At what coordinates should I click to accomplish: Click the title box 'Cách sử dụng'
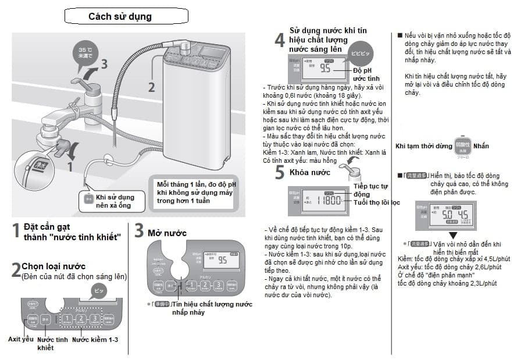click(x=120, y=16)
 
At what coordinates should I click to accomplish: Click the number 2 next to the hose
click(x=152, y=87)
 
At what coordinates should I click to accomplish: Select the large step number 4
click(x=280, y=40)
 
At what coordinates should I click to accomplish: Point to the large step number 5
click(x=280, y=172)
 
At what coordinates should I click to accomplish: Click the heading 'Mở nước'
click(x=167, y=233)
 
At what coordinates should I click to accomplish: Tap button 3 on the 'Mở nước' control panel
click(x=217, y=286)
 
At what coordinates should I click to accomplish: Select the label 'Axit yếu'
click(x=20, y=338)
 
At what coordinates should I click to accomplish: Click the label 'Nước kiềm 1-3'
click(x=95, y=339)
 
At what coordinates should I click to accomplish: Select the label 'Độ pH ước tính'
click(x=366, y=74)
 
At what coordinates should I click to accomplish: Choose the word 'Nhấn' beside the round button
click(x=482, y=146)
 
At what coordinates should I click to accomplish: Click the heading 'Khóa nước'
click(x=309, y=172)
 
